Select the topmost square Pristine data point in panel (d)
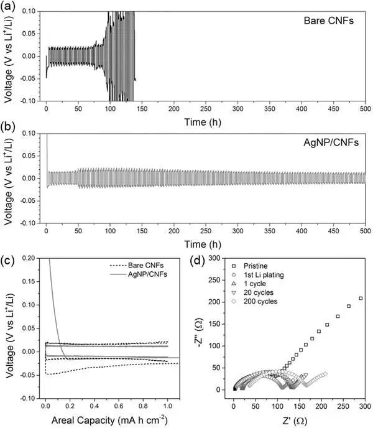(x=361, y=298)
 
